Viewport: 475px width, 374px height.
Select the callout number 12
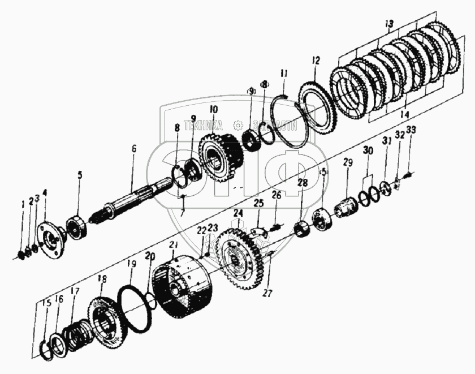[x=315, y=59]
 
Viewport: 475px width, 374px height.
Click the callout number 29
[x=348, y=163]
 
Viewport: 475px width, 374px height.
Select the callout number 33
[x=411, y=130]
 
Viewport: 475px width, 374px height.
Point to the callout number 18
[x=102, y=278]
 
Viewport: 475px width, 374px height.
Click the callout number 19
[x=131, y=264]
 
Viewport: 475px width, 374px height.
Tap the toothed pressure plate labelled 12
[x=316, y=108]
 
